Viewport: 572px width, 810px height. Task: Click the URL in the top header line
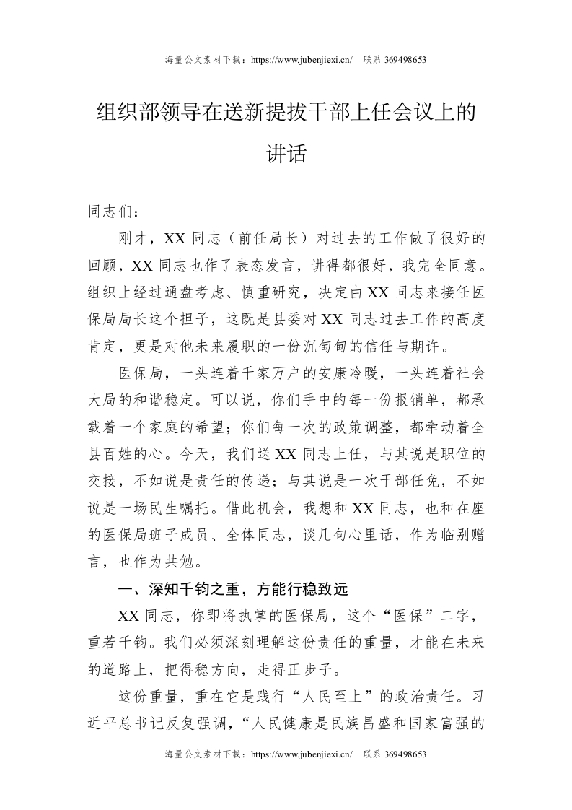pyautogui.click(x=300, y=60)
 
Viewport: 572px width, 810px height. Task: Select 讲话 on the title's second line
pyautogui.click(x=286, y=154)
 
